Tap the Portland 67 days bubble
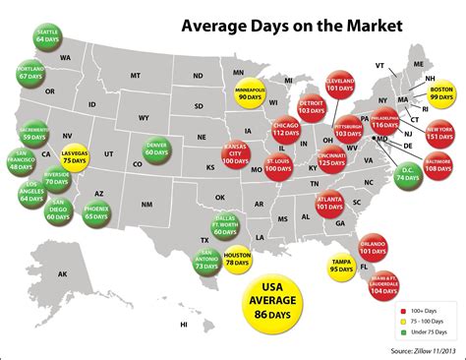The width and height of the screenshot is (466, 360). coord(29,73)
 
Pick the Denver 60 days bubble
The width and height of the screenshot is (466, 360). coord(156,149)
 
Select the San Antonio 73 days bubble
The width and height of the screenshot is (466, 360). coord(205,261)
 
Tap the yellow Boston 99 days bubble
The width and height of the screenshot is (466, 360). coord(440,94)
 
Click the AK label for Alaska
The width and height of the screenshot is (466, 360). coord(63,273)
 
